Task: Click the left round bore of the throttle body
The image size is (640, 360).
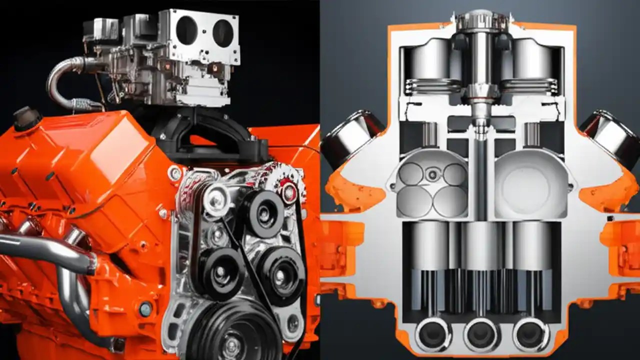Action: click(186, 30)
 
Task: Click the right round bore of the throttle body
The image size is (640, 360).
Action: click(222, 32)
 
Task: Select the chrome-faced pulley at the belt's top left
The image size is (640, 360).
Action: click(216, 199)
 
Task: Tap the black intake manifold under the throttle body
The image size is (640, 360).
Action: click(210, 135)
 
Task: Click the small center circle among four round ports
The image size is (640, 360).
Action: click(432, 175)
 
